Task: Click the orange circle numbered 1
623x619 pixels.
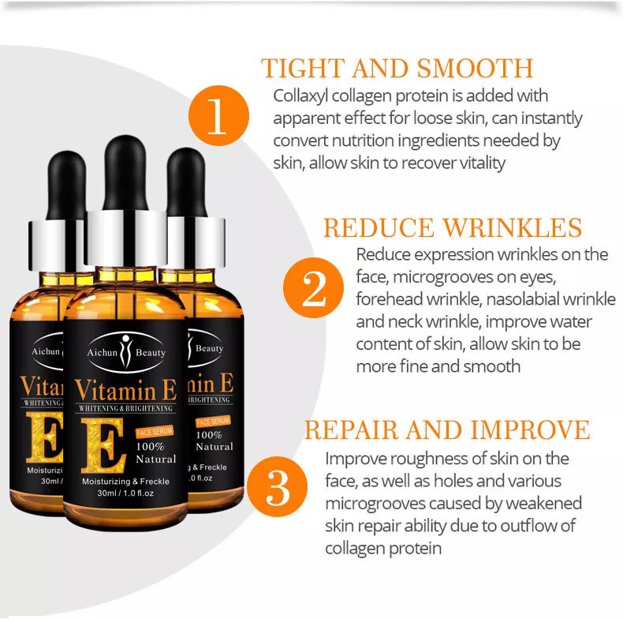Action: [x=218, y=122]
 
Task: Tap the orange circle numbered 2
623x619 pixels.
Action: [x=313, y=290]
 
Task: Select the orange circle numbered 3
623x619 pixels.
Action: [x=278, y=490]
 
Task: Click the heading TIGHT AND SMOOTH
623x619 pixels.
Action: [x=397, y=68]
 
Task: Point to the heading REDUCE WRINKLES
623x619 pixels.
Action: [x=452, y=228]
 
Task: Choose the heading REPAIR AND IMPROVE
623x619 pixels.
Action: [x=446, y=430]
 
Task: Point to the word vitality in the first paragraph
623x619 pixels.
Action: [x=476, y=163]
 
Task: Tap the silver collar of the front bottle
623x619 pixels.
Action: [x=125, y=238]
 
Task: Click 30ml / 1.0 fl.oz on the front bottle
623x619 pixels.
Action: [x=125, y=494]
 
